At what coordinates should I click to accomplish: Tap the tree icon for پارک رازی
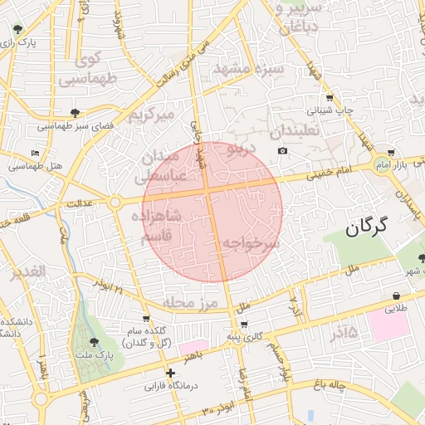pyautogui.click(x=17, y=30)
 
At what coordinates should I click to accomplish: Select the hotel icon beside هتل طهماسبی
pyautogui.click(x=34, y=154)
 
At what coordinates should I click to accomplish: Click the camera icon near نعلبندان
pyautogui.click(x=283, y=150)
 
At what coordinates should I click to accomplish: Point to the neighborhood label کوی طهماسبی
pyautogui.click(x=89, y=71)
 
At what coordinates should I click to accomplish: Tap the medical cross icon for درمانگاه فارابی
pyautogui.click(x=170, y=374)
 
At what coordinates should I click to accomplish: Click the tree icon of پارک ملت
pyautogui.click(x=93, y=341)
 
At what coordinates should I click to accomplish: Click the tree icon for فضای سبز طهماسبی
pyautogui.click(x=76, y=113)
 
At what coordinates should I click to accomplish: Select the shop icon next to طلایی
pyautogui.click(x=396, y=296)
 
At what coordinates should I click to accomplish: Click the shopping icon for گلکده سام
pyautogui.click(x=147, y=318)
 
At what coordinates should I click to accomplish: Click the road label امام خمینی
pyautogui.click(x=312, y=175)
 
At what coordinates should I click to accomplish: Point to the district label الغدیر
pyautogui.click(x=27, y=273)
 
